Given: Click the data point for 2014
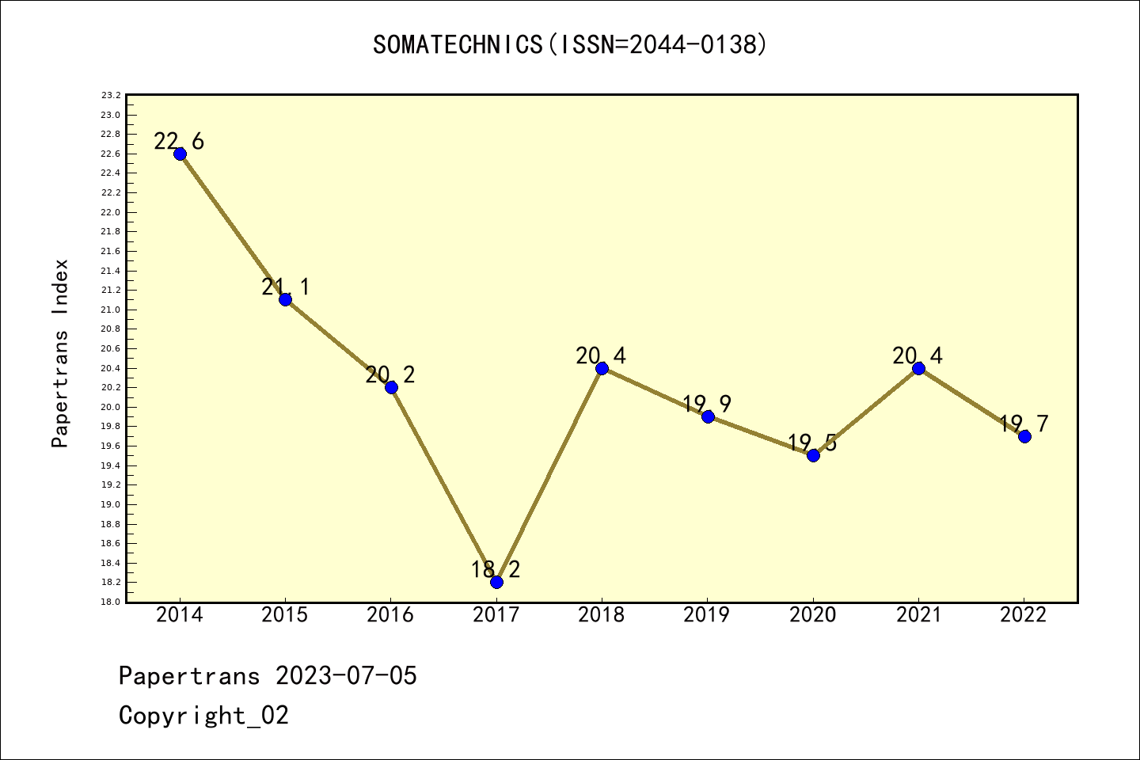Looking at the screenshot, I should pos(180,154).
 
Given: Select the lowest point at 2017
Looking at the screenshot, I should pos(496,582).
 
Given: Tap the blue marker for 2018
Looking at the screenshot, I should pos(602,368).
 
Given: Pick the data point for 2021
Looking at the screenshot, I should pos(918,368).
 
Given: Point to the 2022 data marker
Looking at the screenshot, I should pos(1024,436).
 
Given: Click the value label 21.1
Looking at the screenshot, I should pos(286,287).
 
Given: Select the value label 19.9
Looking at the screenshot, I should pos(707,405).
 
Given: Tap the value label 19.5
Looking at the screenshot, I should pos(812,443).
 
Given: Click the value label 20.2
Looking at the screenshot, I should pos(390,374).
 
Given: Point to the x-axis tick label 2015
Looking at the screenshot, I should pos(285,615).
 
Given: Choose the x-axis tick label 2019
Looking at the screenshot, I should pos(707,615).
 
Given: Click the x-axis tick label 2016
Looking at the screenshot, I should pos(390,615).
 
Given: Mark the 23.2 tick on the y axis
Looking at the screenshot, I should pos(111,96).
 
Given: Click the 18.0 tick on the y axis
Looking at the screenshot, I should pos(111,602).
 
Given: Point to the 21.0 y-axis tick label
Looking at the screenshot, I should pos(111,310).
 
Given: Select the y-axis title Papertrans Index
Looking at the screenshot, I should pos(61,353).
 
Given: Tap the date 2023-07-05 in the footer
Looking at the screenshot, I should pos(346,676).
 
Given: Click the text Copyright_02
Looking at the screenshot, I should pos(203,716).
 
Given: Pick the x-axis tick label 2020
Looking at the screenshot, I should pos(813,615).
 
